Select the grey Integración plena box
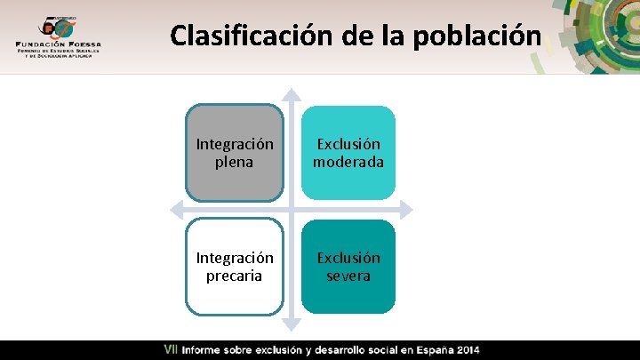(235, 153)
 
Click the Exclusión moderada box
(348, 153)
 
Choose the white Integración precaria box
(235, 267)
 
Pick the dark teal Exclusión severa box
(348, 267)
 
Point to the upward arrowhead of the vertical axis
(292, 94)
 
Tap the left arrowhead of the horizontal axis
(176, 210)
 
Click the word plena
(235, 163)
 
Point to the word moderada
(348, 163)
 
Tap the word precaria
(235, 276)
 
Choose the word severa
(348, 276)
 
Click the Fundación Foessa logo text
(58, 43)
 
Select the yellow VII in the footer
(171, 350)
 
